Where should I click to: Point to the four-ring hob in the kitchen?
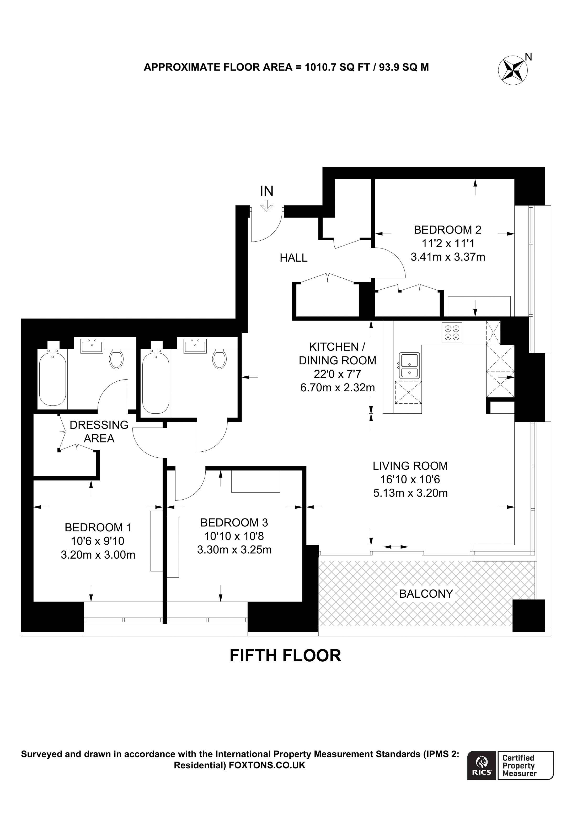[x=452, y=333]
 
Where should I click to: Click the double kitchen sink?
[x=409, y=366]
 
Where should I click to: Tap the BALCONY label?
[x=426, y=593]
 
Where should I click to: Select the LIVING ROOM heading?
[x=410, y=466]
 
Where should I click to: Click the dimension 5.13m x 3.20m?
[x=410, y=493]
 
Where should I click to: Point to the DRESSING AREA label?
[x=99, y=431]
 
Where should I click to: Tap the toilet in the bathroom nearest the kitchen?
[x=219, y=359]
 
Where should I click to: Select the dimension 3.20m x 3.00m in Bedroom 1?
[x=98, y=555]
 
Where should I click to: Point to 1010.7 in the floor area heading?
[x=320, y=67]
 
